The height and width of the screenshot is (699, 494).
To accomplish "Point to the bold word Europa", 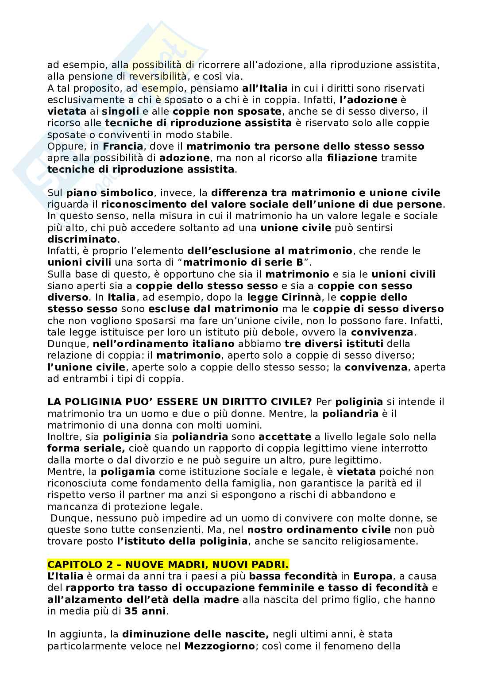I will [373, 576].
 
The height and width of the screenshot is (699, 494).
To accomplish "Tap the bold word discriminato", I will [83, 239].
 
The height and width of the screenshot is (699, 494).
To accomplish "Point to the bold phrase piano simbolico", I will [110, 193].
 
